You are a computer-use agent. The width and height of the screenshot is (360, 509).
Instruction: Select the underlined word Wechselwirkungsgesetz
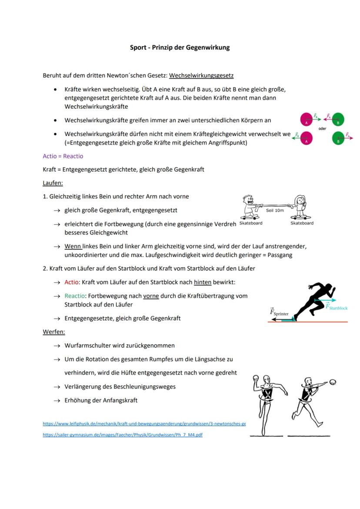pyautogui.click(x=201, y=76)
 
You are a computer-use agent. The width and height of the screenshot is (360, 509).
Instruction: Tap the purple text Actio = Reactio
pyautogui.click(x=63, y=156)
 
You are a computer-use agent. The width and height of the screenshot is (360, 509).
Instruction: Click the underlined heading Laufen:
pyautogui.click(x=53, y=183)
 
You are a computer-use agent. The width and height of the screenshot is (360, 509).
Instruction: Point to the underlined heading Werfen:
pyautogui.click(x=54, y=332)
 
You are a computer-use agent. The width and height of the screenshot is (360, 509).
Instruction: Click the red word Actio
pyautogui.click(x=72, y=282)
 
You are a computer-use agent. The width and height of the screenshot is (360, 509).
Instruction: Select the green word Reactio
pyautogui.click(x=74, y=296)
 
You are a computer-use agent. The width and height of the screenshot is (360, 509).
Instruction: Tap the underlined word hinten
pyautogui.click(x=203, y=282)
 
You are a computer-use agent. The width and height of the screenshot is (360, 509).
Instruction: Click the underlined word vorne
pyautogui.click(x=151, y=296)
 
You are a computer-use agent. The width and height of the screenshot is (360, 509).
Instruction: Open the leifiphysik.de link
pyautogui.click(x=144, y=423)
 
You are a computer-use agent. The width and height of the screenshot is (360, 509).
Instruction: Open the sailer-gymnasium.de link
pyautogui.click(x=122, y=435)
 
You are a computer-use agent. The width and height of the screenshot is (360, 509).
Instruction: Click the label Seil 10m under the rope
pyautogui.click(x=275, y=210)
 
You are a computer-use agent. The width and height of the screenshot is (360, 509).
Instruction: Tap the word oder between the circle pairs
pyautogui.click(x=322, y=129)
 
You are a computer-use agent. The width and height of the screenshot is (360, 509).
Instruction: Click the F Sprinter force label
pyautogui.click(x=279, y=312)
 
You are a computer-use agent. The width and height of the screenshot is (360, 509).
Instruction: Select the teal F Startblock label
pyautogui.click(x=337, y=307)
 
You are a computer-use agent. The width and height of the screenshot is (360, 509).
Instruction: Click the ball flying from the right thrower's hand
pyautogui.click(x=333, y=382)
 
